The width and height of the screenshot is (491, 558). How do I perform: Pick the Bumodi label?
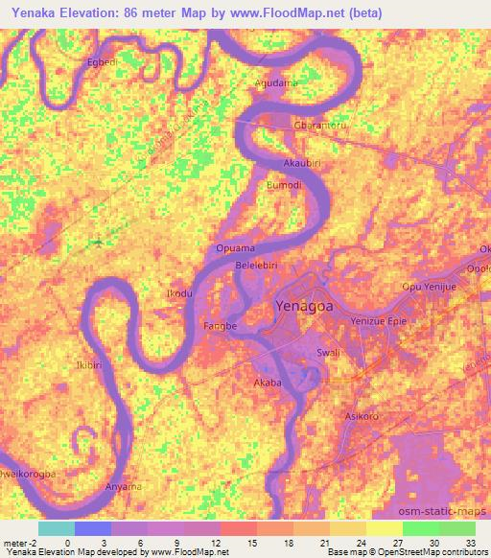[284, 185]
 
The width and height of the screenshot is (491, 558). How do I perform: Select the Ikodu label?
[180, 292]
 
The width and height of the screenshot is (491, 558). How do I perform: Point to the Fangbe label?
[221, 327]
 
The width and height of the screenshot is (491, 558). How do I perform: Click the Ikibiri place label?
[88, 365]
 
